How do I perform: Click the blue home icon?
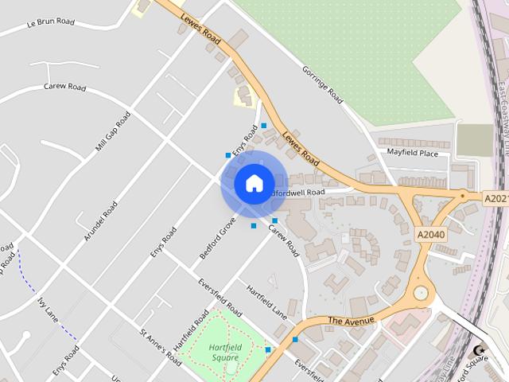coord(254,183)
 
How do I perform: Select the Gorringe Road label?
coord(322,84)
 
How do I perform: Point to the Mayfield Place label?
coord(412,153)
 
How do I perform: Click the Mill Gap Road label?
coord(112,131)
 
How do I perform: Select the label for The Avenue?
coord(351,321)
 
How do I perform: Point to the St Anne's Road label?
coord(161,347)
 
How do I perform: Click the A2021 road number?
coord(495,197)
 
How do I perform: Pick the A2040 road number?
coord(430,235)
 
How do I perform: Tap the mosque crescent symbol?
coord(479,350)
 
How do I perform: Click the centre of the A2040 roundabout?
coord(420,294)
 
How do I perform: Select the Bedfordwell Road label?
coord(297,193)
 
